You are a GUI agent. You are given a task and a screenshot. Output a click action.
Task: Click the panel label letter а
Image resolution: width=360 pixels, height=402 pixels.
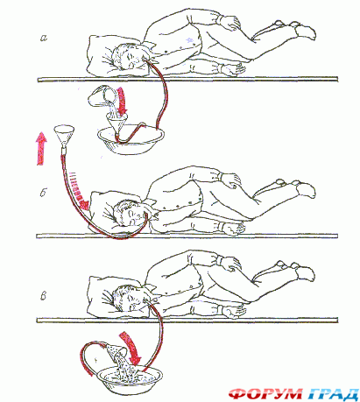[x=44, y=38]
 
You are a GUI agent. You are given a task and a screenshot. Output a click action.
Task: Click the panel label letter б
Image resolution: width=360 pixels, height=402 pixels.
[x=43, y=192]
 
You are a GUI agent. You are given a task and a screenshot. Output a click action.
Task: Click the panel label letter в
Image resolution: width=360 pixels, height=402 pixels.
[x=43, y=296]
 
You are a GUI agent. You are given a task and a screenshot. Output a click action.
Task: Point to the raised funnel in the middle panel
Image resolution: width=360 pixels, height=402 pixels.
[x=64, y=138]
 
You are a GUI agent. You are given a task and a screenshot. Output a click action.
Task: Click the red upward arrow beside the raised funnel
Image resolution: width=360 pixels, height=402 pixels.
[x=41, y=148]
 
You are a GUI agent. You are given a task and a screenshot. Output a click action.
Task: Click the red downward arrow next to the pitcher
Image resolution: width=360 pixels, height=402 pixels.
[x=122, y=102]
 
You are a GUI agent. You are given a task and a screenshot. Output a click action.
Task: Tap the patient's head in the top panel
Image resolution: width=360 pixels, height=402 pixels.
[x=126, y=56]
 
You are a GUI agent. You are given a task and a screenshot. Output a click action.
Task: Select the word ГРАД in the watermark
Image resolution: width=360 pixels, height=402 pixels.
[x=333, y=394]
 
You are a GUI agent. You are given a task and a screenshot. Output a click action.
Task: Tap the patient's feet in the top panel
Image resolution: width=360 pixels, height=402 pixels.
[x=293, y=28]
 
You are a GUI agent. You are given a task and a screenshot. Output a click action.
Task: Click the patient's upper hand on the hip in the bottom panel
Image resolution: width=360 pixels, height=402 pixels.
[x=230, y=264]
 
